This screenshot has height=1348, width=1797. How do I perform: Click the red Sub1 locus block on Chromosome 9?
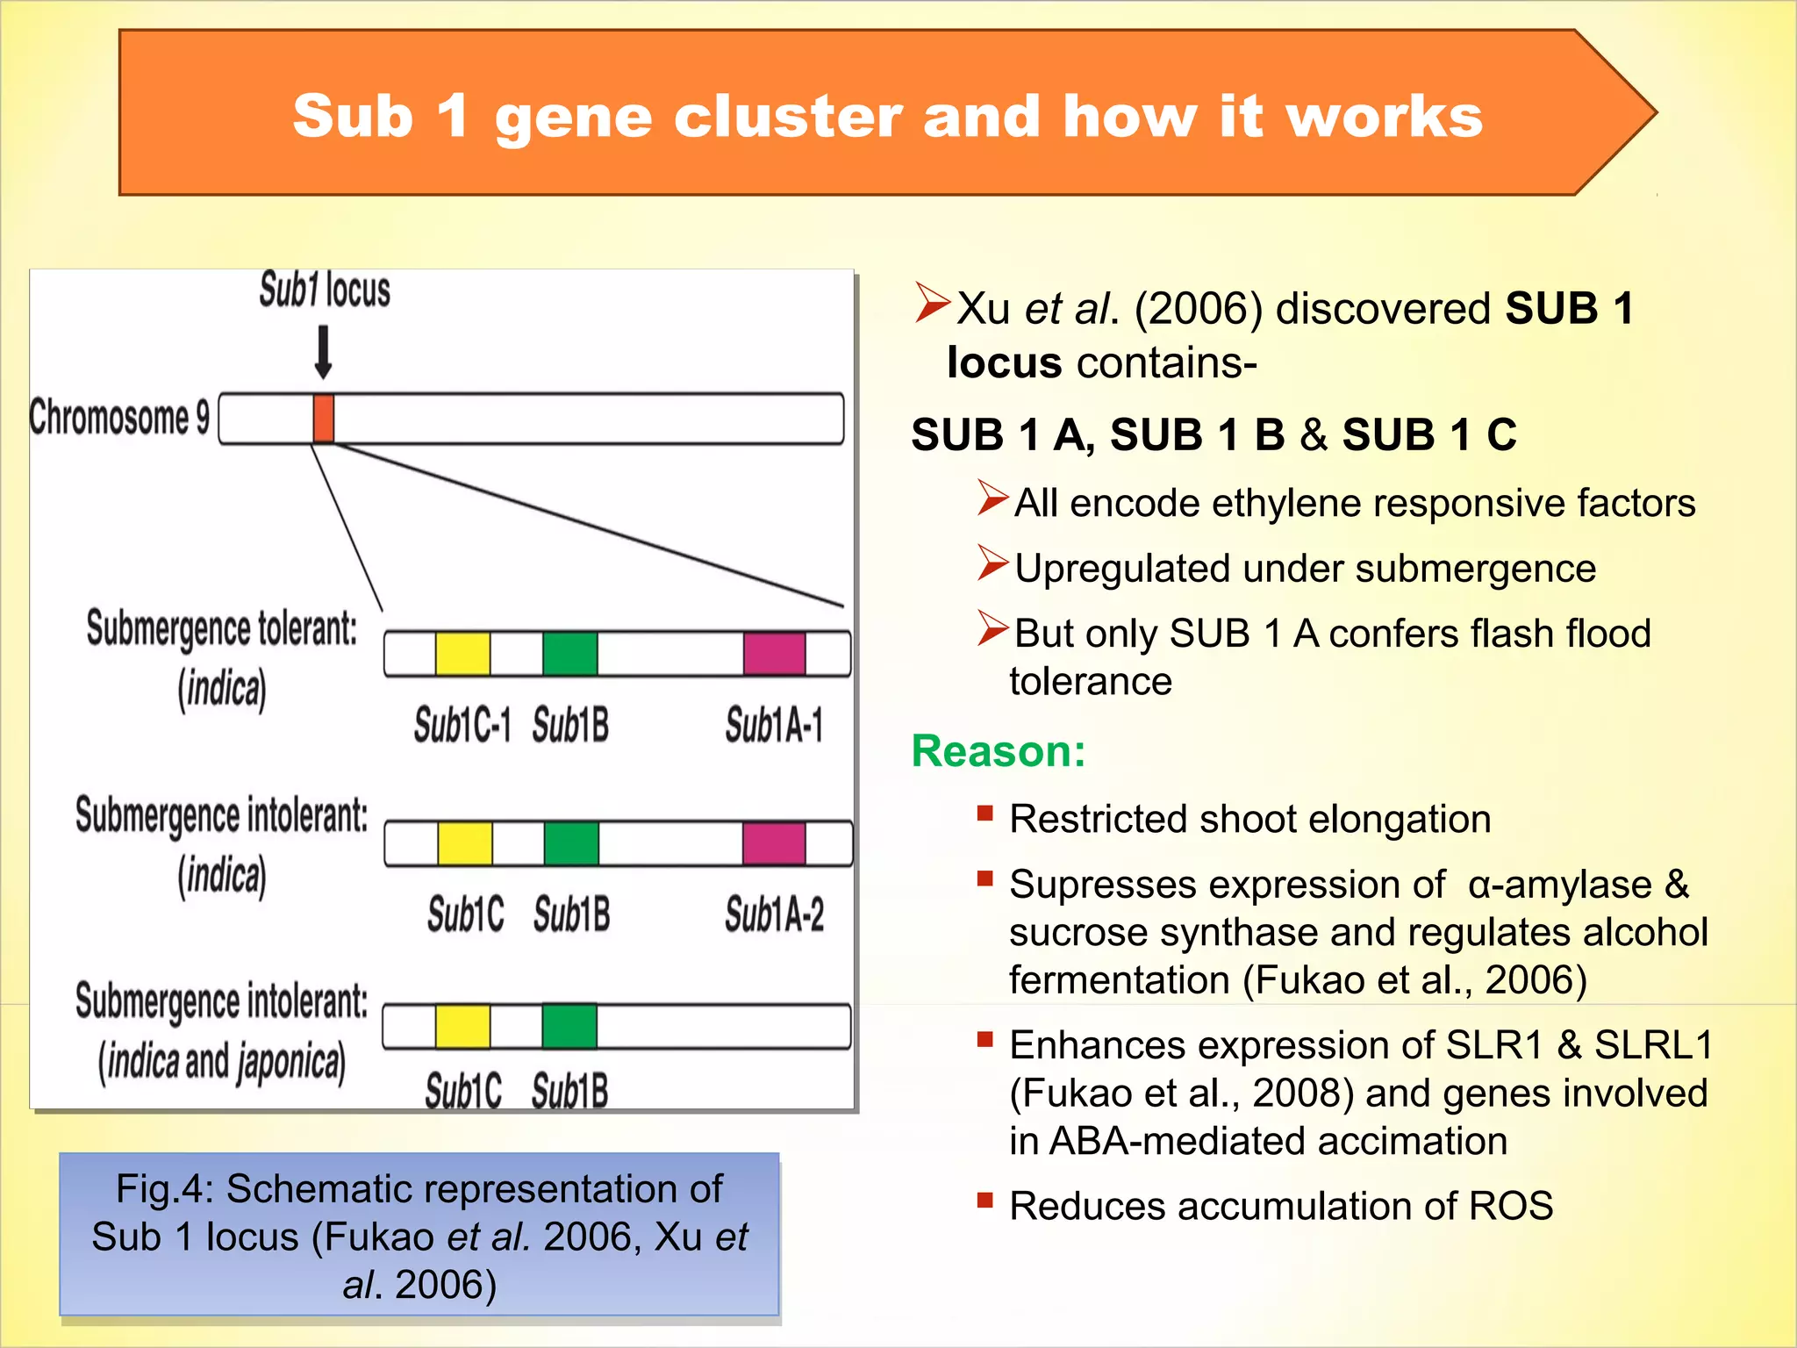pyautogui.click(x=323, y=419)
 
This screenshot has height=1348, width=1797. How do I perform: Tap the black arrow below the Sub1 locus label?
pyautogui.click(x=323, y=352)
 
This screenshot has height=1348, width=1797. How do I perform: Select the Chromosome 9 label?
pyautogui.click(x=119, y=417)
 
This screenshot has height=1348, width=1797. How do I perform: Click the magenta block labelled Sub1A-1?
pyautogui.click(x=774, y=654)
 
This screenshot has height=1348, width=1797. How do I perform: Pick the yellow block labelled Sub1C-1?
pyautogui.click(x=462, y=654)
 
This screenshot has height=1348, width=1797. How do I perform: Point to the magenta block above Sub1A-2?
pyautogui.click(x=774, y=843)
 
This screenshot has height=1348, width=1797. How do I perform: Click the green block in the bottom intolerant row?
pyautogui.click(x=569, y=1026)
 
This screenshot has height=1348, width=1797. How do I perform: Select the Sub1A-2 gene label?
pyautogui.click(x=774, y=914)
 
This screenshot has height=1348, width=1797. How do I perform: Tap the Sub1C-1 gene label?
pyautogui.click(x=462, y=726)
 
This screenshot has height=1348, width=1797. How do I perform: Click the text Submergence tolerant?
pyautogui.click(x=221, y=629)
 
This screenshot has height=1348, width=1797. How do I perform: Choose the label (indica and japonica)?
pyautogui.click(x=221, y=1062)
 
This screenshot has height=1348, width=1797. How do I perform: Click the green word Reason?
pyautogui.click(x=999, y=751)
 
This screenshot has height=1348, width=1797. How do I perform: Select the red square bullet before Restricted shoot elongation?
pyautogui.click(x=985, y=813)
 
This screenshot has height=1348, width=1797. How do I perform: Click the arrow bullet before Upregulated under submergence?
pyautogui.click(x=993, y=563)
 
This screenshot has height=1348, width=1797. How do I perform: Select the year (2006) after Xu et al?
pyautogui.click(x=1199, y=309)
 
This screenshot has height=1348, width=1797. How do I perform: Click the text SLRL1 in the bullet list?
pyautogui.click(x=1652, y=1045)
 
